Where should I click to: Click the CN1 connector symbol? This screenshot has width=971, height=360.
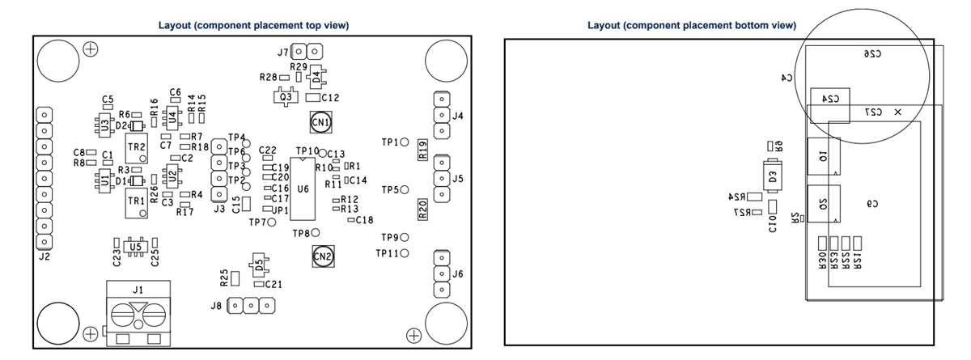pyautogui.click(x=321, y=123)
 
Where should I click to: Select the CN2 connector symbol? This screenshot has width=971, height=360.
pyautogui.click(x=322, y=256)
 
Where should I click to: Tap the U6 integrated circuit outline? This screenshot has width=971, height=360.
pyautogui.click(x=303, y=189)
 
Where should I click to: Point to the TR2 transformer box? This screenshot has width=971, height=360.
pyautogui.click(x=137, y=147)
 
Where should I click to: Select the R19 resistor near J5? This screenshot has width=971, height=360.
pyautogui.click(x=422, y=150)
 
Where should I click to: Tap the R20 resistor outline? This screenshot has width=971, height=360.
pyautogui.click(x=422, y=211)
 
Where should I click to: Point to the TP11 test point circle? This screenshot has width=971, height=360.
pyautogui.click(x=405, y=253)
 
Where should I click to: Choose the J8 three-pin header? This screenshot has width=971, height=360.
pyautogui.click(x=250, y=306)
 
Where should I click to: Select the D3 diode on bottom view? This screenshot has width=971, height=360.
pyautogui.click(x=773, y=176)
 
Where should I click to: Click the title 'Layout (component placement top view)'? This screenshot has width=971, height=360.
pyautogui.click(x=253, y=25)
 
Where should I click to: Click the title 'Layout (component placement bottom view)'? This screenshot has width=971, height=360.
pyautogui.click(x=691, y=25)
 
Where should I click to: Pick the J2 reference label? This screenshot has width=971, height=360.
pyautogui.click(x=44, y=257)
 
